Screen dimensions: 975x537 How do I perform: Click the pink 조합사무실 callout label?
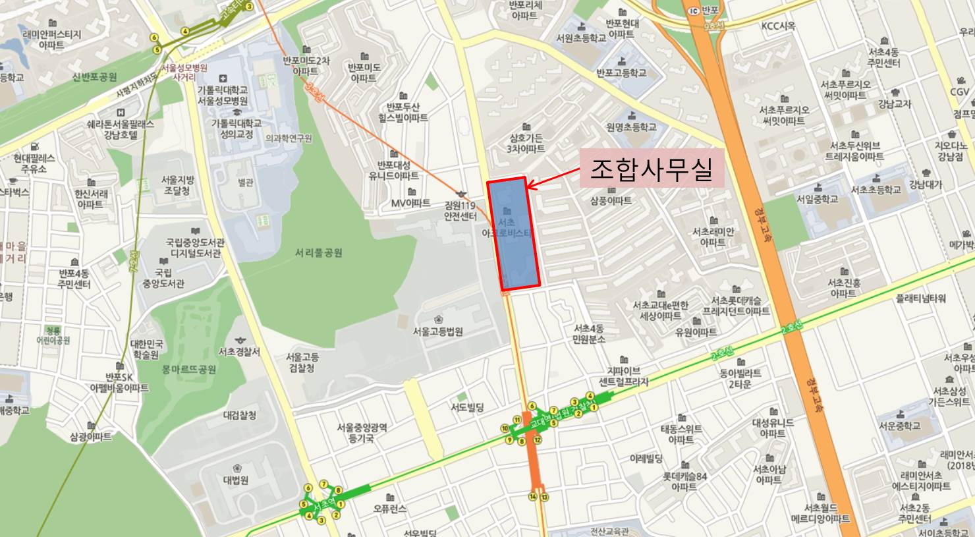(651, 170)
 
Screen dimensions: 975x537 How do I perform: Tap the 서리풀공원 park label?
(319, 253)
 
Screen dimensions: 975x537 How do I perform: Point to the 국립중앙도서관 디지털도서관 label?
(195, 248)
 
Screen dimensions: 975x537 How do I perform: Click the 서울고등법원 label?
(437, 331)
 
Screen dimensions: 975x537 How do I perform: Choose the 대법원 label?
(235, 480)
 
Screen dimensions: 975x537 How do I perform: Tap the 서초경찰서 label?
(238, 352)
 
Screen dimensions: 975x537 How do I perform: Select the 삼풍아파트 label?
(611, 200)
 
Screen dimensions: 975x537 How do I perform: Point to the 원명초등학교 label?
(631, 127)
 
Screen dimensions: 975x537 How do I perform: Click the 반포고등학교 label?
(621, 72)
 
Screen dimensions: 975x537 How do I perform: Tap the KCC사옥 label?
(778, 26)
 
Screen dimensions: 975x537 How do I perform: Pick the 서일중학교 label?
(818, 198)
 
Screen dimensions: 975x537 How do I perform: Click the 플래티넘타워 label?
(920, 298)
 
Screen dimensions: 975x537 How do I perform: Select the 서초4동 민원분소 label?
(589, 333)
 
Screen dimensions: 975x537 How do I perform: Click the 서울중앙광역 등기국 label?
(362, 432)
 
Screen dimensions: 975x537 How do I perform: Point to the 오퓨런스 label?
(390, 509)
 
